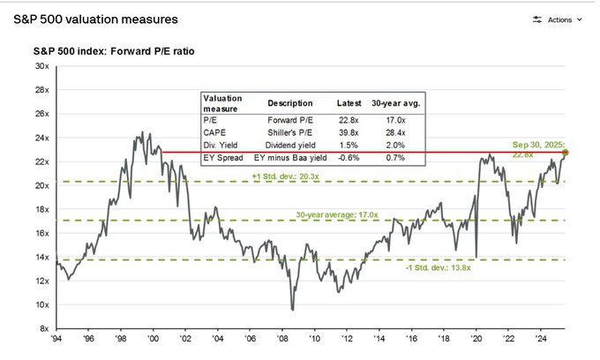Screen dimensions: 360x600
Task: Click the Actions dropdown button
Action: [559, 19]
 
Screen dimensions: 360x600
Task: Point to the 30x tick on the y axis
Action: [41, 66]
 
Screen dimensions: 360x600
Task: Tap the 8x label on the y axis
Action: [43, 327]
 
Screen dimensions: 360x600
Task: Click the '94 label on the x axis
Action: [57, 338]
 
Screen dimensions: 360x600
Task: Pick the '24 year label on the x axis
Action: [539, 338]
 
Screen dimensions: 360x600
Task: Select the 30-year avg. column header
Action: [397, 101]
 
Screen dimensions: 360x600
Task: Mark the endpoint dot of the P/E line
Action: [565, 153]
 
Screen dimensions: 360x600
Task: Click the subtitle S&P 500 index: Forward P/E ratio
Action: [120, 51]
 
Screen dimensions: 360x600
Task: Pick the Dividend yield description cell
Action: [290, 146]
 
